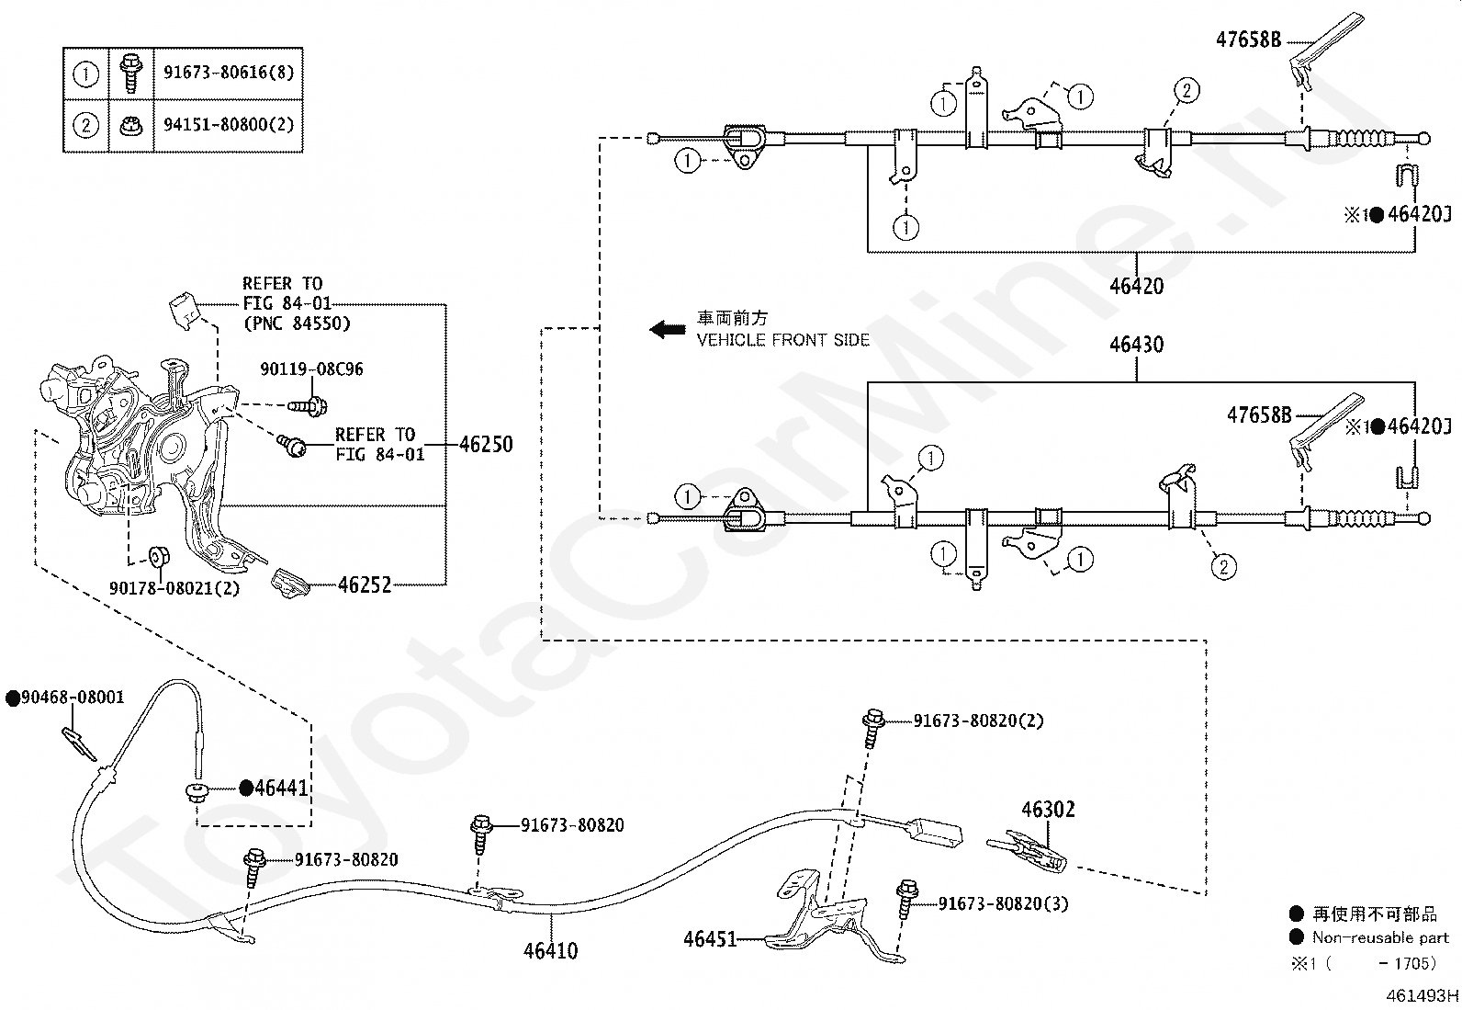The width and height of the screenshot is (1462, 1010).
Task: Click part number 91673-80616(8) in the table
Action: point(229,73)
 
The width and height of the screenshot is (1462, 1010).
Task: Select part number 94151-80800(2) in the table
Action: point(229,125)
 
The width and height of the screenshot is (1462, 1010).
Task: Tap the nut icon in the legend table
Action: point(131,125)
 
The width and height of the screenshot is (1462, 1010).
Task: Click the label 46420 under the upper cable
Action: point(1136,286)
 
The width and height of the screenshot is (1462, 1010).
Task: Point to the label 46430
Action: point(1136,345)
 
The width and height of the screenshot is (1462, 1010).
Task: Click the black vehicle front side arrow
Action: point(667,329)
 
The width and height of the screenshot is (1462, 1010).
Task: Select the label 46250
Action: point(486,444)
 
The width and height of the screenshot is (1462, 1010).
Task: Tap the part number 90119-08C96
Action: point(312,369)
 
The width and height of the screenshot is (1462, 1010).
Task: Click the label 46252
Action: point(365,584)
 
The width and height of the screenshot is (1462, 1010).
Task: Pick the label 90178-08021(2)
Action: point(174,588)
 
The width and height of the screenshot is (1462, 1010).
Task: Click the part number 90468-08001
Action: point(73,697)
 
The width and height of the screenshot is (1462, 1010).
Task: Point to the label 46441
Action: point(281,788)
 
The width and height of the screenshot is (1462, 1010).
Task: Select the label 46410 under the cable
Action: point(551,950)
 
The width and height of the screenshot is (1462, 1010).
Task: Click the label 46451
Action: point(710,939)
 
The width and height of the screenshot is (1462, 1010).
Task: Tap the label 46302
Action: point(1048,810)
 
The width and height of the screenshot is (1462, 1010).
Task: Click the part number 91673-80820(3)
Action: point(1003,904)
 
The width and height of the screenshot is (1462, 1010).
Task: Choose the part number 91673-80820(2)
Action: point(978,721)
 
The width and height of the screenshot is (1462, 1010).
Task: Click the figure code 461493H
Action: point(1423,995)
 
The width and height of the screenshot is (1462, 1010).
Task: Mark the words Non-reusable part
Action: point(1380,938)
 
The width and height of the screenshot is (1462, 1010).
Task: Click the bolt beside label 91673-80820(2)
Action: point(872,728)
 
